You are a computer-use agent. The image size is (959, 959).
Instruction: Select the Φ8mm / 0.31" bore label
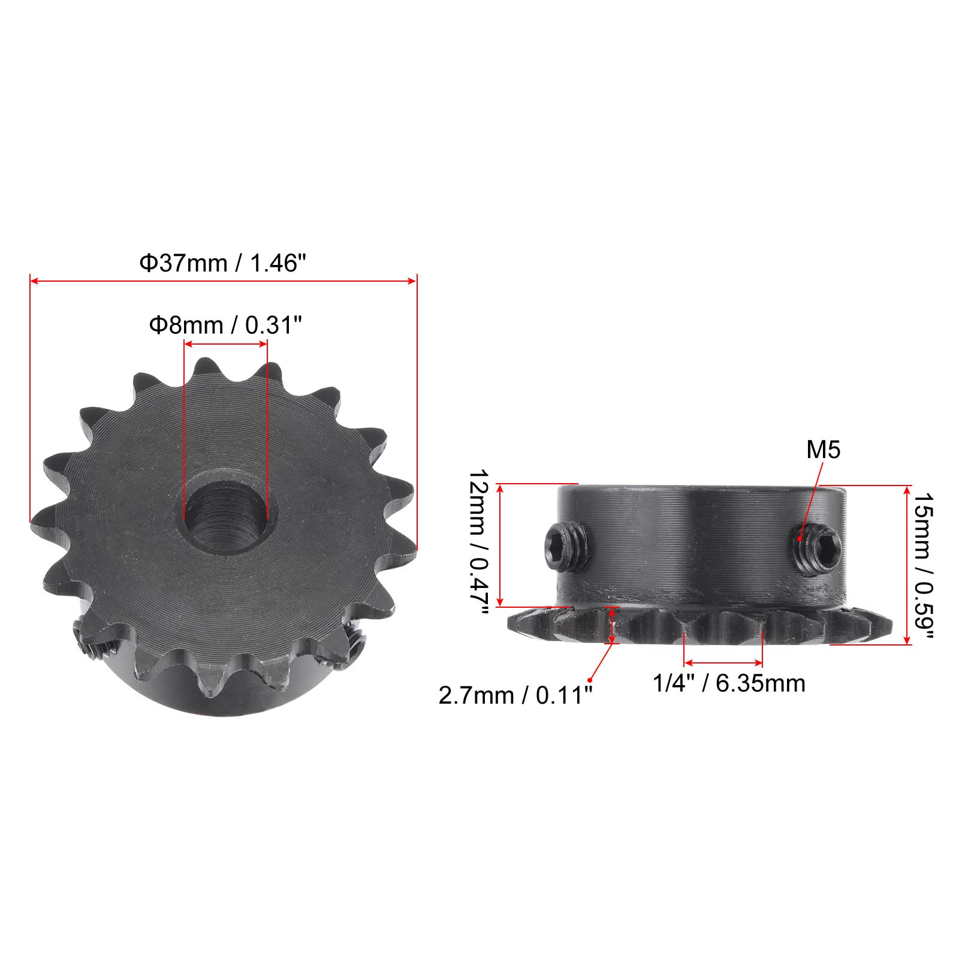point(225,325)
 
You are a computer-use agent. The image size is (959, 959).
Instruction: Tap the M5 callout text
point(824,450)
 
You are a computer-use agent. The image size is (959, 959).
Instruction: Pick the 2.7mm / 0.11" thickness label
point(515,696)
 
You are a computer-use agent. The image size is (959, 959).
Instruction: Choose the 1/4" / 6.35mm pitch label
point(729,683)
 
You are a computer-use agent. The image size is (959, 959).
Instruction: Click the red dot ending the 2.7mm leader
point(590,680)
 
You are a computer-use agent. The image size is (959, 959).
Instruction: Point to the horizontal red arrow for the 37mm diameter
point(223,281)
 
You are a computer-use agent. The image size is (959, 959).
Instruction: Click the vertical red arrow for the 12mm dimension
point(502,545)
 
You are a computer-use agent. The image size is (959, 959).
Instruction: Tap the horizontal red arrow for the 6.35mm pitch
point(723,663)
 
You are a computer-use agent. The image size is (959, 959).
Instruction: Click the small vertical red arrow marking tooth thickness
point(612,626)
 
